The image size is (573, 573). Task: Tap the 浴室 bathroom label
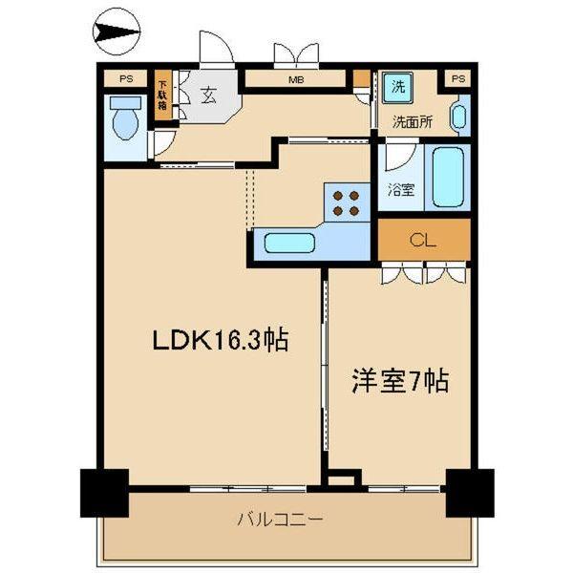tap(401, 188)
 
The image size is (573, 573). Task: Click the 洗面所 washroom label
tap(412, 122)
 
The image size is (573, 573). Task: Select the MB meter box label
tap(297, 80)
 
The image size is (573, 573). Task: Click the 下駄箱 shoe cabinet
tap(162, 95)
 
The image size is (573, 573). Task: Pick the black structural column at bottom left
tap(102, 493)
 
